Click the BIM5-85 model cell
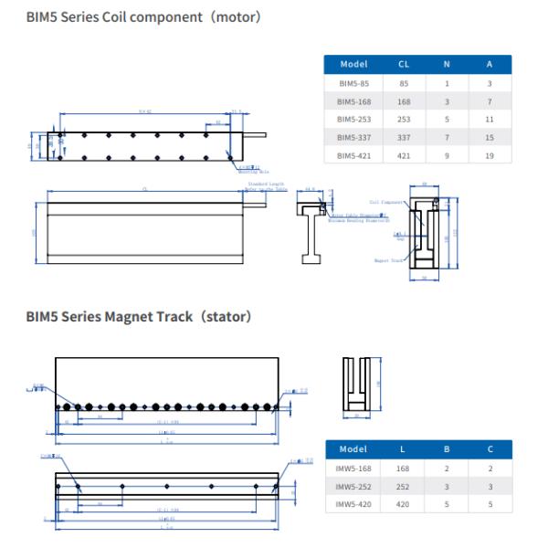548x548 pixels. (x=353, y=82)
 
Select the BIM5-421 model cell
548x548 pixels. (x=353, y=155)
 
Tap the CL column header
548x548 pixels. (x=404, y=64)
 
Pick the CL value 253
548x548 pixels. (x=404, y=119)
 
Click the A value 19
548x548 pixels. (x=489, y=155)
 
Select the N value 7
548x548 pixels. (x=446, y=137)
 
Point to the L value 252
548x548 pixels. (x=404, y=486)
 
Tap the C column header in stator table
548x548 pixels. (x=489, y=449)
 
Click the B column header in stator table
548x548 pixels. (x=446, y=449)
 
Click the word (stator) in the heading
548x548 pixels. (x=224, y=317)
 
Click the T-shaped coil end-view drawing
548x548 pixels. (x=312, y=228)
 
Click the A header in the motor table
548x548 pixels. (x=489, y=64)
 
